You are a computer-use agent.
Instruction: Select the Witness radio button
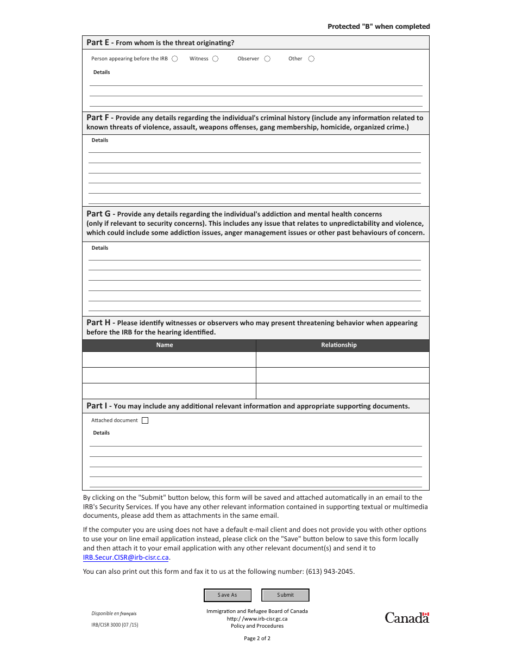click(x=215, y=59)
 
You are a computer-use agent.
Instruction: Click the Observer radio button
click(x=267, y=59)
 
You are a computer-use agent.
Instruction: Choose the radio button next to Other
click(x=311, y=59)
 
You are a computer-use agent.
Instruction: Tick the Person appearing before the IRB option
click(x=175, y=59)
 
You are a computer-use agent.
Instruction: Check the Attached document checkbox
click(x=144, y=420)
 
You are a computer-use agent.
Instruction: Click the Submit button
click(x=285, y=595)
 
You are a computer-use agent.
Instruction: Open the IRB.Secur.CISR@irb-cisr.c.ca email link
click(x=126, y=557)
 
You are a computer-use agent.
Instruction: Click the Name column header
click(x=165, y=345)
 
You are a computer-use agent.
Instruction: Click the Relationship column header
click(x=339, y=345)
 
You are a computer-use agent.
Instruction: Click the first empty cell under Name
click(x=169, y=360)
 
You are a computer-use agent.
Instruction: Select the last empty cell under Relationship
click(x=342, y=391)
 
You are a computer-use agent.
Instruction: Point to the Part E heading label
click(x=98, y=42)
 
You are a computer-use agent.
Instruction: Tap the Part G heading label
click(x=98, y=214)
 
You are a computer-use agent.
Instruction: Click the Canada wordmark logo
click(x=407, y=617)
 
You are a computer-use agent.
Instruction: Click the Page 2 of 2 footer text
click(x=257, y=639)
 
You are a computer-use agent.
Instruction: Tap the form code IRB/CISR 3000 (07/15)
click(x=115, y=625)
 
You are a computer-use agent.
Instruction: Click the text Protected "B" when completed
click(x=379, y=27)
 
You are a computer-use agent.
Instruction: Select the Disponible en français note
click(x=114, y=614)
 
